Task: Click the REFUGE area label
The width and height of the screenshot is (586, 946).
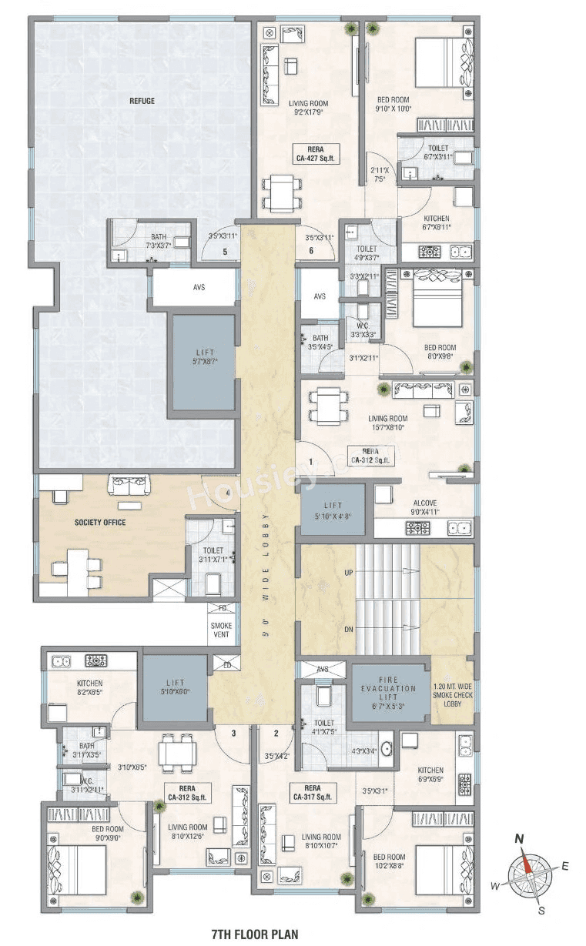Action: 142,101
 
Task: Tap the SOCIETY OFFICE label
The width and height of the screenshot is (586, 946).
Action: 99,523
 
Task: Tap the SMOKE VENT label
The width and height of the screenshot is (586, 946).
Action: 222,631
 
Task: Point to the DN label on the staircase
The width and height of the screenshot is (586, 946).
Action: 349,629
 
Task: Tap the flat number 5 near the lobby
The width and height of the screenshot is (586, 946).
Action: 225,252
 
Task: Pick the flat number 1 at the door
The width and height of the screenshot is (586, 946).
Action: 310,462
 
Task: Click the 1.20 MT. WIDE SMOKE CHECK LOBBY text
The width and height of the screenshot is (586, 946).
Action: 453,695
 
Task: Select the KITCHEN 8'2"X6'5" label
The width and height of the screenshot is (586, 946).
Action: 89,687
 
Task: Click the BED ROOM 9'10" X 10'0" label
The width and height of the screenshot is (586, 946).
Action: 393,104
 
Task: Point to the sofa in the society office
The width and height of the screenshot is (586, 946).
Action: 128,485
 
